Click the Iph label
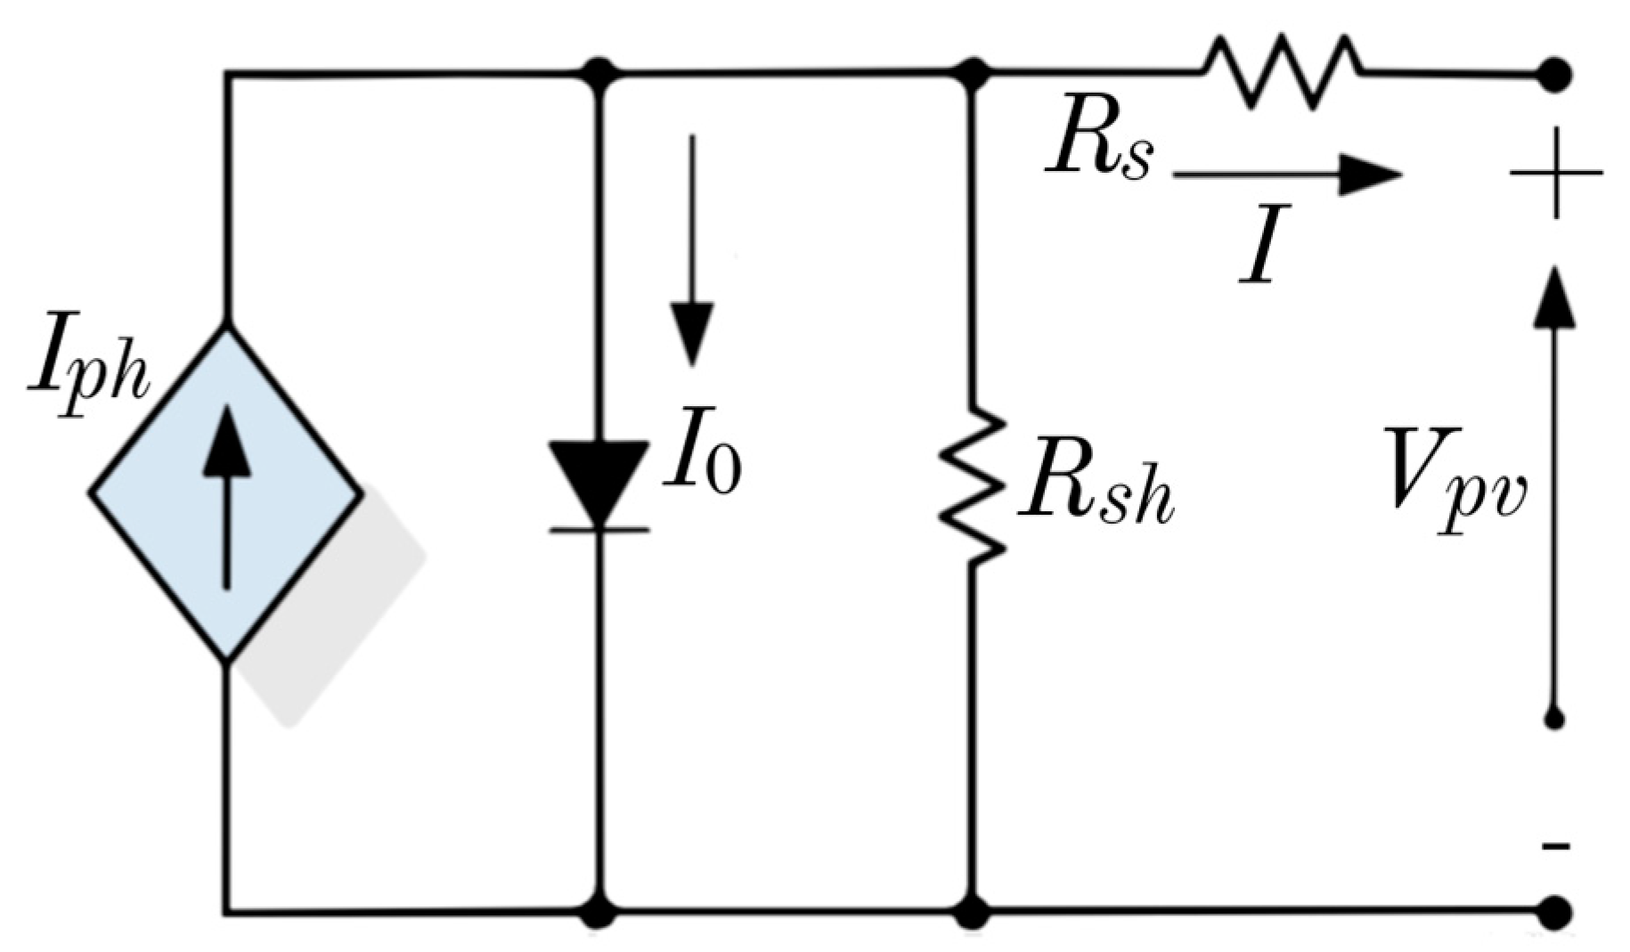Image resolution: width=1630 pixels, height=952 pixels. pyautogui.click(x=87, y=377)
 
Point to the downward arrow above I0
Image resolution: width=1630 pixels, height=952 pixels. pyautogui.click(x=691, y=249)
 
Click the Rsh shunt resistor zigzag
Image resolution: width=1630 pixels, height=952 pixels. pyautogui.click(x=973, y=485)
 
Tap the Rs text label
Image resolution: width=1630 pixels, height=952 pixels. pyautogui.click(x=1100, y=147)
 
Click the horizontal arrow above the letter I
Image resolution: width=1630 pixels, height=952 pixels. pyautogui.click(x=1287, y=174)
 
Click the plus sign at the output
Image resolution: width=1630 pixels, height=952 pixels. pyautogui.click(x=1555, y=173)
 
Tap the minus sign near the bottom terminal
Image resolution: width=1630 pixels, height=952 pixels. pyautogui.click(x=1555, y=845)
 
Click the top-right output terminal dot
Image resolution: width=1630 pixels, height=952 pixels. pyautogui.click(x=1555, y=73)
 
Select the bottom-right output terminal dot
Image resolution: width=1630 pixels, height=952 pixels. pyautogui.click(x=1555, y=911)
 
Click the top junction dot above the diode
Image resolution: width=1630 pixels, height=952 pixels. pyautogui.click(x=599, y=71)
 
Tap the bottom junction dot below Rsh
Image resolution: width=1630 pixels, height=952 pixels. pyautogui.click(x=972, y=911)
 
